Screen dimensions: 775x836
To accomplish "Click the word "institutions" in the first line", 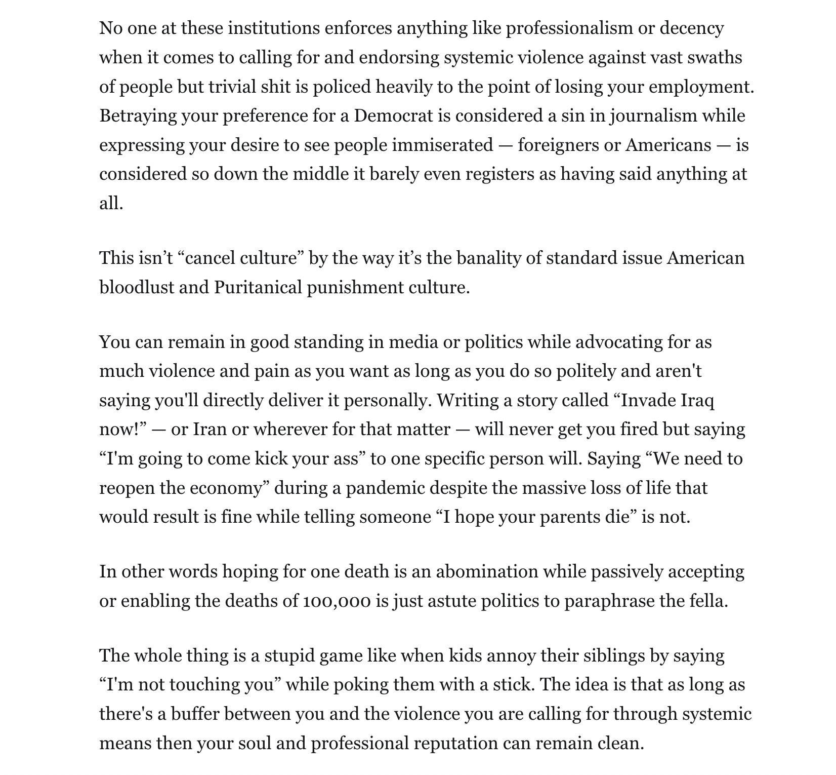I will pos(273,28).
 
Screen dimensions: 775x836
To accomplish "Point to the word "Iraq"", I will pos(697,401).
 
